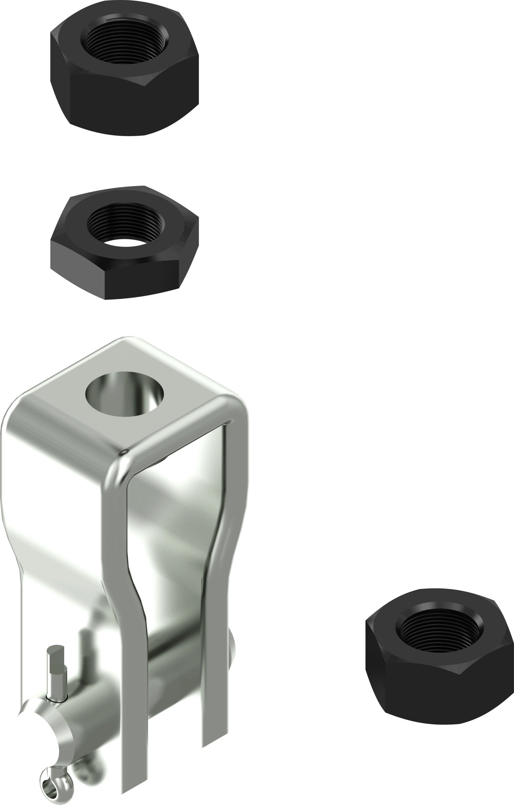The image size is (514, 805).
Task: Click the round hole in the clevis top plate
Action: [125, 394]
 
